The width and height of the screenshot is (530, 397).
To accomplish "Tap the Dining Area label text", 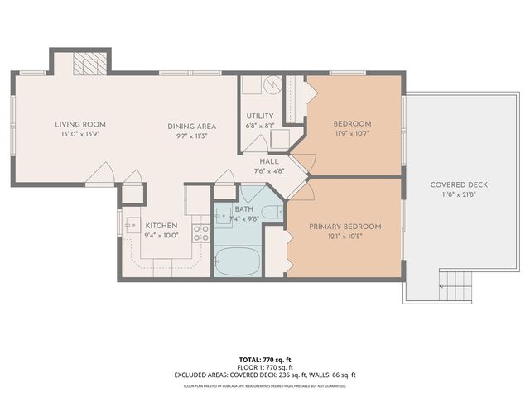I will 191,127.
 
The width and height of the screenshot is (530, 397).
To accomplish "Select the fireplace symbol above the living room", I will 89,65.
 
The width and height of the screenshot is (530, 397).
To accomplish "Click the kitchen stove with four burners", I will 201,232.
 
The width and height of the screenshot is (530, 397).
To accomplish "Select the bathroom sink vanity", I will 224,217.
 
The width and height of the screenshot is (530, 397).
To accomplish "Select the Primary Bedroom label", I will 344,227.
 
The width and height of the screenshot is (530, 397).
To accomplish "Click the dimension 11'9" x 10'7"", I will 352,132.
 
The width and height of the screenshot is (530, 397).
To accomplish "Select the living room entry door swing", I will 100,175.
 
